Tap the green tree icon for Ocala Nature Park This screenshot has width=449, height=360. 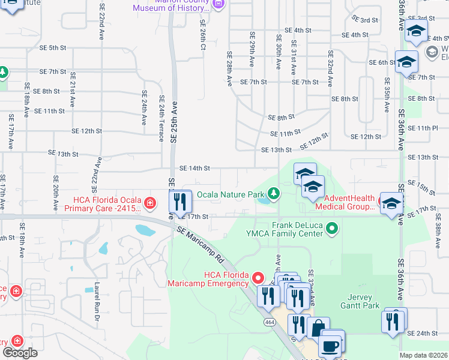(x=274, y=193)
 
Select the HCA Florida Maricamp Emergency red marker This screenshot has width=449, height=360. (x=258, y=277)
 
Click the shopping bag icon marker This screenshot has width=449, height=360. (x=318, y=328)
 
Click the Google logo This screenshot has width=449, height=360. (x=20, y=352)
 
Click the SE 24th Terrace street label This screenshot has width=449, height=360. (x=161, y=118)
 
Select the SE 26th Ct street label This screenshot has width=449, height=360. (x=202, y=33)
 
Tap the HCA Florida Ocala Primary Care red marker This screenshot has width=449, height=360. (x=149, y=203)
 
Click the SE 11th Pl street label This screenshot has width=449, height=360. (x=427, y=128)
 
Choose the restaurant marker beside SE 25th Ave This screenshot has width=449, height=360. (x=179, y=202)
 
